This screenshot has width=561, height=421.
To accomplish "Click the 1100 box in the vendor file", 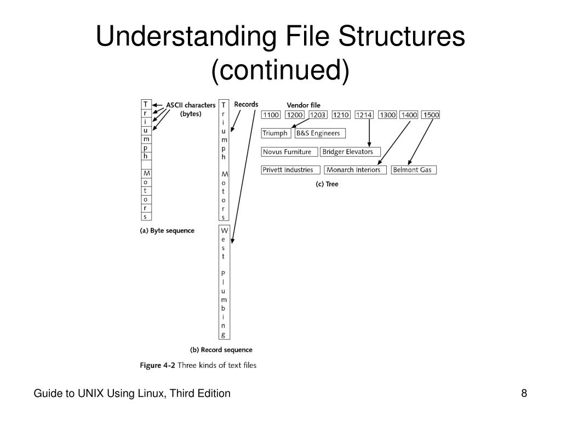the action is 271,115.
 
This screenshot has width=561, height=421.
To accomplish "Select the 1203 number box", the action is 318,115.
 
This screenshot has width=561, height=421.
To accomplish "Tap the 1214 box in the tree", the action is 364,115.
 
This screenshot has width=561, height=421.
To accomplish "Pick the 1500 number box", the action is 431,115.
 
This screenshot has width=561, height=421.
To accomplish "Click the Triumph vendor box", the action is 275,133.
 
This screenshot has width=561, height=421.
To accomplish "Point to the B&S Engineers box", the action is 320,133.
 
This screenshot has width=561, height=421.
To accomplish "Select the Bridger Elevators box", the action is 350,152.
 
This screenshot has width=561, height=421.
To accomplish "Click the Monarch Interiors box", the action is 355,170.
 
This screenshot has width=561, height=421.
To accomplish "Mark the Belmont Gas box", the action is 414,170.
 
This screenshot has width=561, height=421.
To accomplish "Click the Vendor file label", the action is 304,105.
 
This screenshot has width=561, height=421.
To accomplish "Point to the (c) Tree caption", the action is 327,184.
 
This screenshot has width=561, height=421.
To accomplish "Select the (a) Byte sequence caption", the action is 167,231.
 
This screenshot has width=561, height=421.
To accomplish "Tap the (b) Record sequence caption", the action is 221,350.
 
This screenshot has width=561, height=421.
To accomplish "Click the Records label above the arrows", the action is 246,104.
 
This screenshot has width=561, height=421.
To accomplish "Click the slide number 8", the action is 524,394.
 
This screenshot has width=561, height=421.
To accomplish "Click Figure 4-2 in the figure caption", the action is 159,365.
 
